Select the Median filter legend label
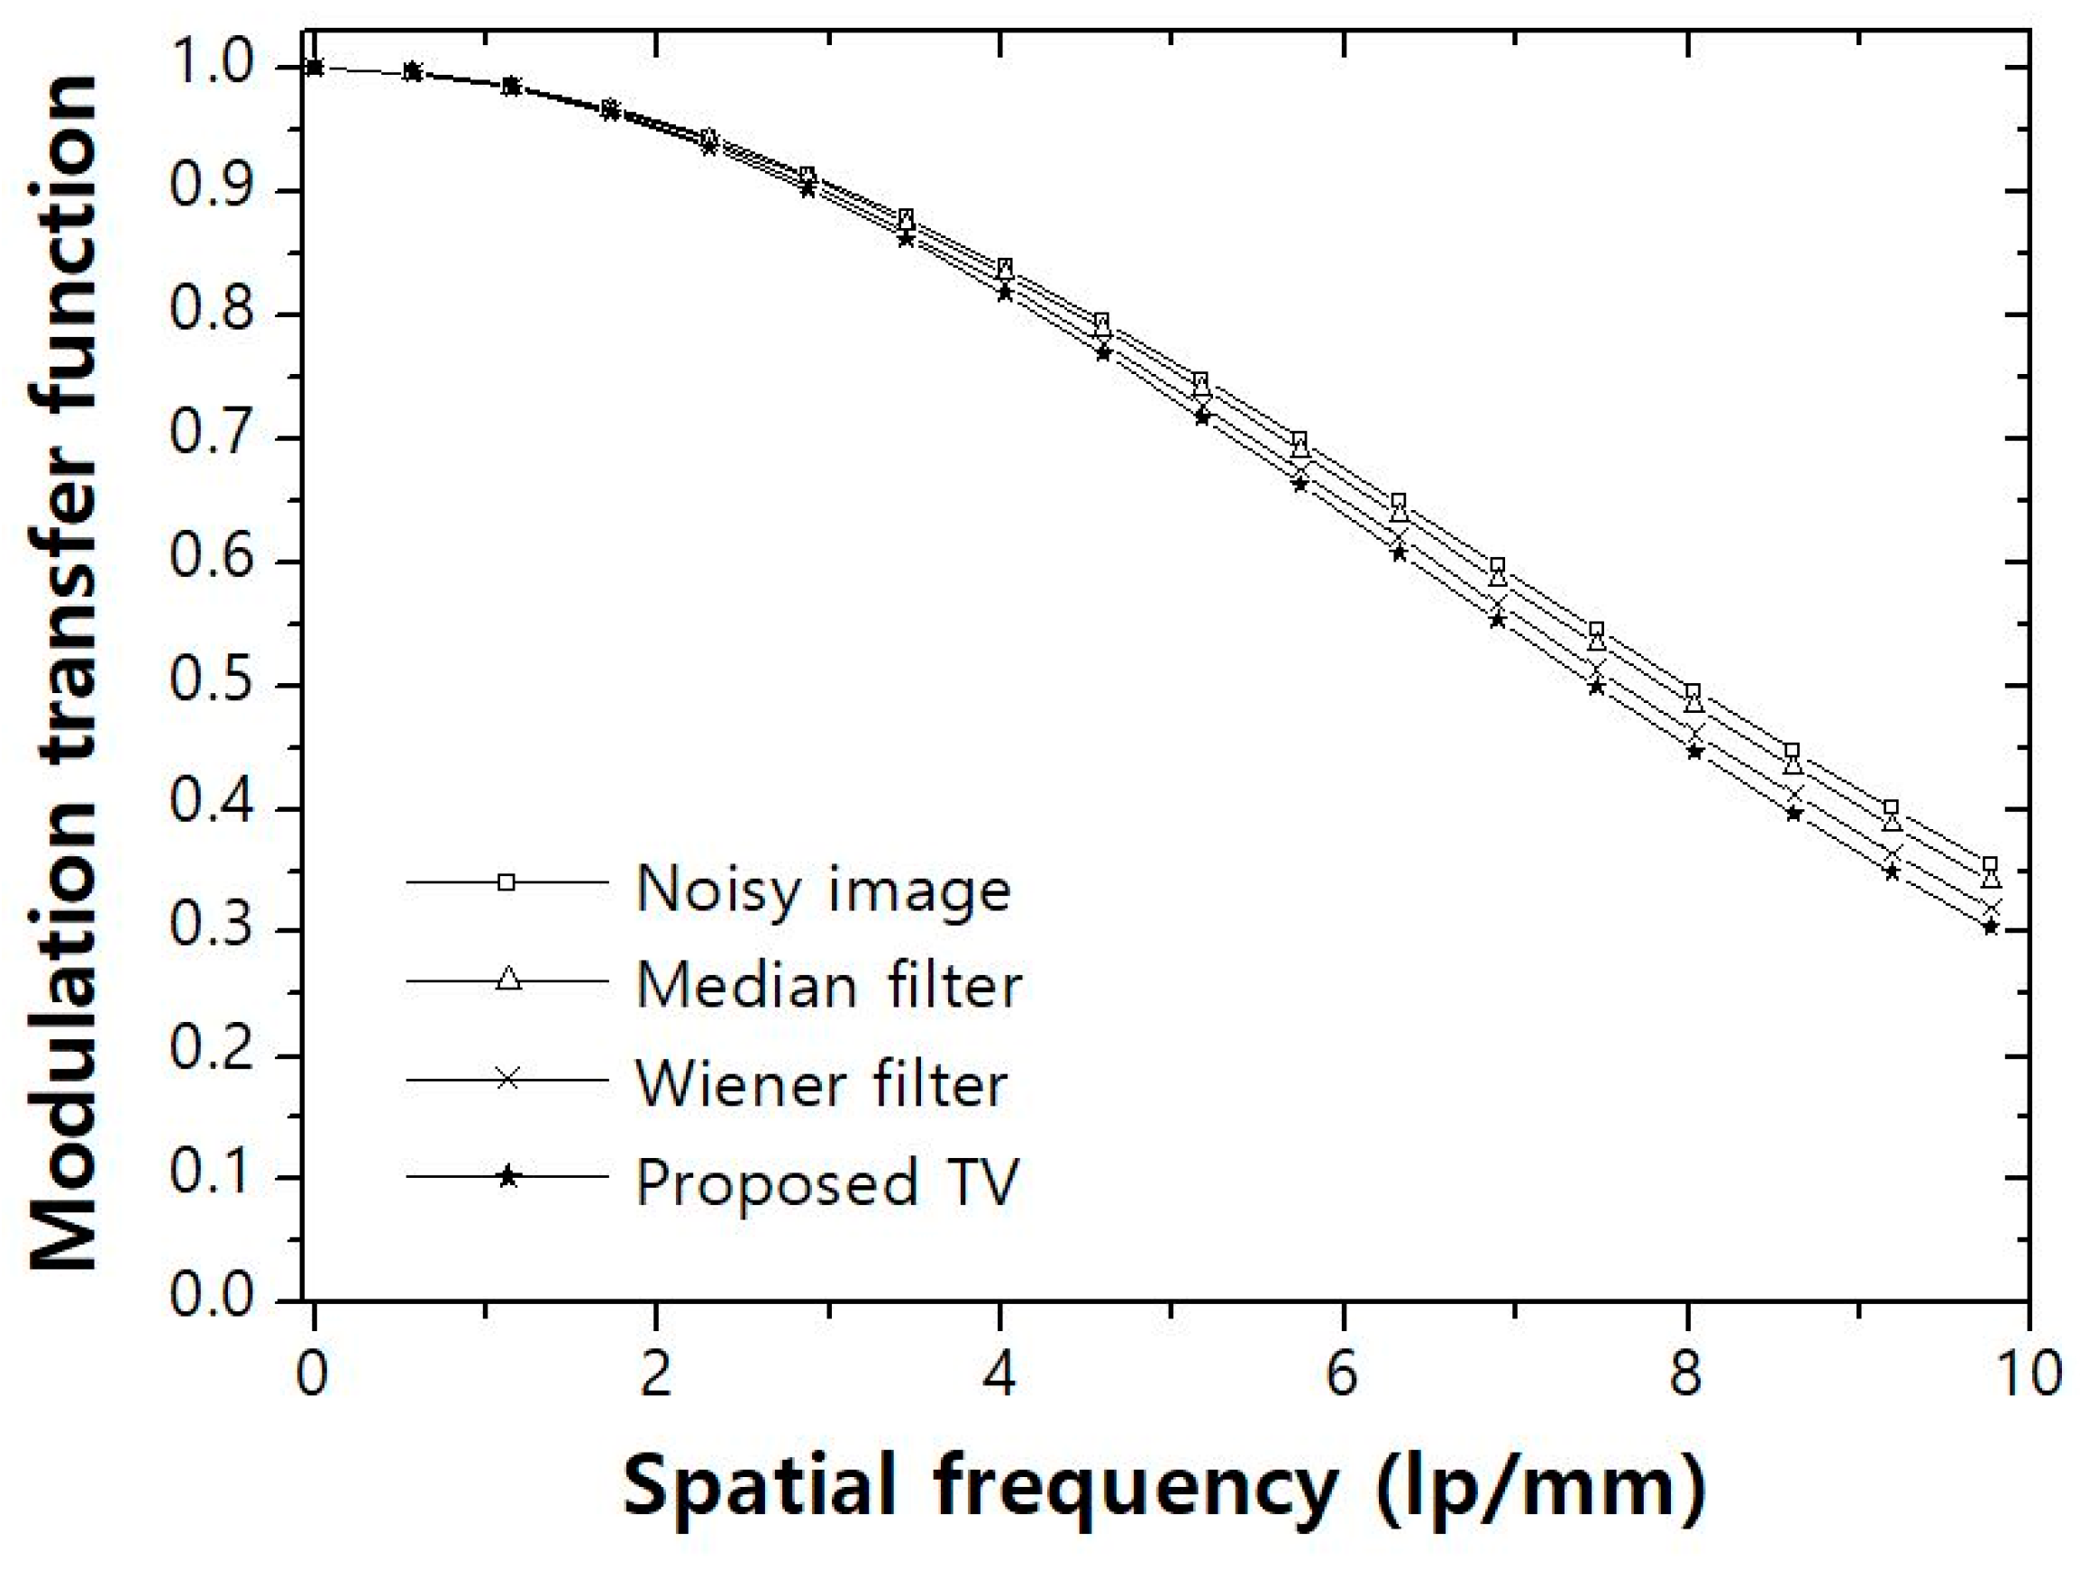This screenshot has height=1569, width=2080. tap(828, 986)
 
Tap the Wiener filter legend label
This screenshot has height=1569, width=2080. tap(821, 1084)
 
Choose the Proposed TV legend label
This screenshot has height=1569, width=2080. tap(826, 1181)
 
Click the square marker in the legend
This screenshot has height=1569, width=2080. tap(506, 881)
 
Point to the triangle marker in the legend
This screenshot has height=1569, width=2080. tap(507, 979)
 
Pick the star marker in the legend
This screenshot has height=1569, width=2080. tap(507, 1176)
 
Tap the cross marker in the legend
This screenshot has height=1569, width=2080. tap(507, 1077)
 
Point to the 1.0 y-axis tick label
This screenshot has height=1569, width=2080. tap(212, 66)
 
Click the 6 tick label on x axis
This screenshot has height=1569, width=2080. tap(1342, 1373)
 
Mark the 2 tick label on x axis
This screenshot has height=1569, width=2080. tap(655, 1373)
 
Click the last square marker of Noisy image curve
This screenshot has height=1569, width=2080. tap(1990, 865)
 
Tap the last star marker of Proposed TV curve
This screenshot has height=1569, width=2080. tap(1990, 928)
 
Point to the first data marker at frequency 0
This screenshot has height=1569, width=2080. tap(315, 67)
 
